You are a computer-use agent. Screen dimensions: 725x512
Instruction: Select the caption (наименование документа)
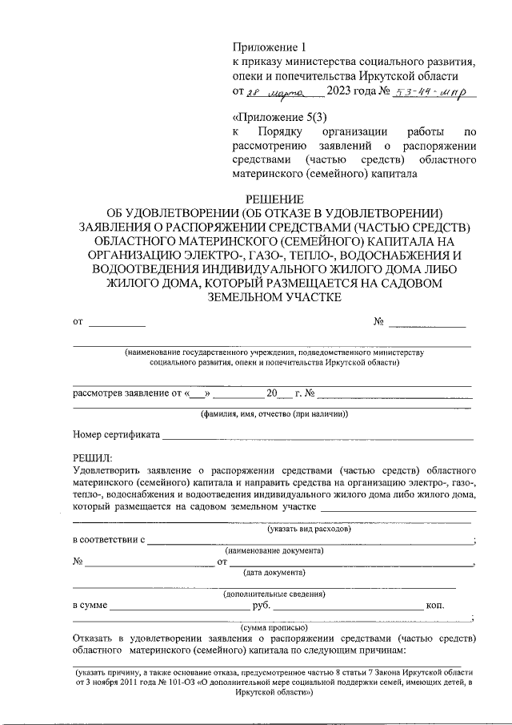(x=274, y=551)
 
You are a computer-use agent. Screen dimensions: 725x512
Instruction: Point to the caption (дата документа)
(x=274, y=573)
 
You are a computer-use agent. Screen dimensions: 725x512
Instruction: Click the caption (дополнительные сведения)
(x=274, y=594)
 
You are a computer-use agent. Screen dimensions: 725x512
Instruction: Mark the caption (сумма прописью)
(x=274, y=627)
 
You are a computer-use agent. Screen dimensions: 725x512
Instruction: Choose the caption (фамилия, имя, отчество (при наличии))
(x=273, y=414)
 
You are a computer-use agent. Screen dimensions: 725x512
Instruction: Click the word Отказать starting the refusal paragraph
(x=94, y=638)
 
